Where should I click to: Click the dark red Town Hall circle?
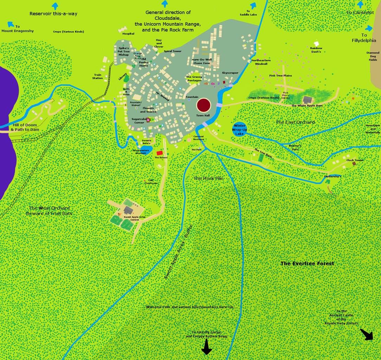204,105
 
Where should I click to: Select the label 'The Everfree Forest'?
307,263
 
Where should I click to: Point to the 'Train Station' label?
98,76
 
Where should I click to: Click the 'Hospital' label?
128,34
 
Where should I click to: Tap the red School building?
160,153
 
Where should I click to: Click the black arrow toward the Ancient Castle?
367,334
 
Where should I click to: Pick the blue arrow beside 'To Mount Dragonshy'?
11,24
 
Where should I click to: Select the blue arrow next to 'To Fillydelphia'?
369,28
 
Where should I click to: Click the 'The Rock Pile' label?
208,178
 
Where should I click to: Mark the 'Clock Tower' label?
355,160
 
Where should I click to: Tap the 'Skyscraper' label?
230,73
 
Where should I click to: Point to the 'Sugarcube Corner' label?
138,121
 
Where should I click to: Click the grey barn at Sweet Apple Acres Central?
128,211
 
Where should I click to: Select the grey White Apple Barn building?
308,100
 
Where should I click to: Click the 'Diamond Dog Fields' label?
373,56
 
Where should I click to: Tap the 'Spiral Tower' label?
173,51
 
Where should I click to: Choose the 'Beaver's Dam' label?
295,147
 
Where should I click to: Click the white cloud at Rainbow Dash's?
316,43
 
